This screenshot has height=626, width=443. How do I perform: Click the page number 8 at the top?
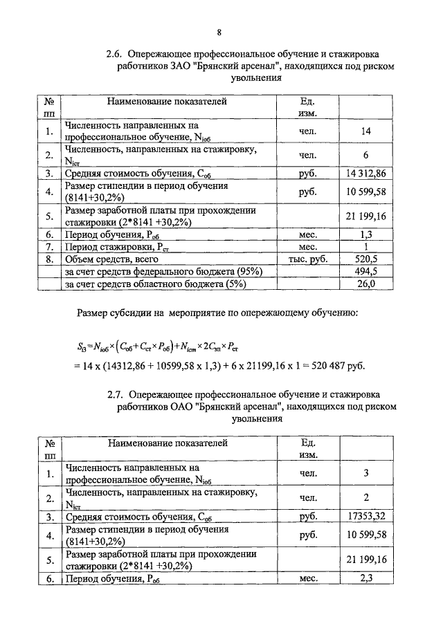[219, 32]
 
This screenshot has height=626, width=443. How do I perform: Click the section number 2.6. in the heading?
[115, 53]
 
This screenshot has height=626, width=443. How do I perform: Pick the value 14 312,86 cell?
[365, 174]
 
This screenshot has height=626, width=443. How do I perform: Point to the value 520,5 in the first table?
[366, 259]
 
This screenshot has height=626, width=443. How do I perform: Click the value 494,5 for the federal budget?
[366, 271]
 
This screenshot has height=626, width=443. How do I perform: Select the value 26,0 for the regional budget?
[366, 284]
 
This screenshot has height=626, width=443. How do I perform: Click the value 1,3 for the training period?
[366, 234]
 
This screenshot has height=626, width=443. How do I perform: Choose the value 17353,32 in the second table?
[365, 516]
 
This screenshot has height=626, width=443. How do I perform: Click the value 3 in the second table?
[366, 473]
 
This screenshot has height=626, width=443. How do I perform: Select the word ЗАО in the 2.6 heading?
[177, 66]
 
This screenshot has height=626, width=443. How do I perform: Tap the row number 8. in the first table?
[48, 259]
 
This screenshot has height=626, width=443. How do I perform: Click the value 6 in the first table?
[366, 154]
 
